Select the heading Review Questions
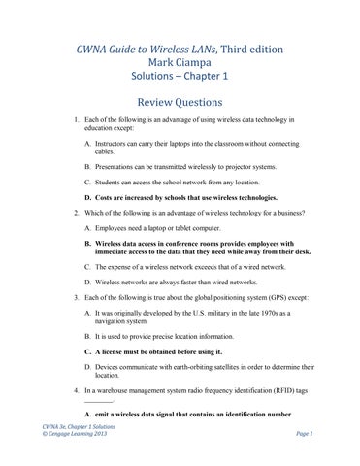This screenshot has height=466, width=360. pos(180,102)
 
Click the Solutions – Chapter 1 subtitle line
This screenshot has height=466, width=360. pos(180,81)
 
